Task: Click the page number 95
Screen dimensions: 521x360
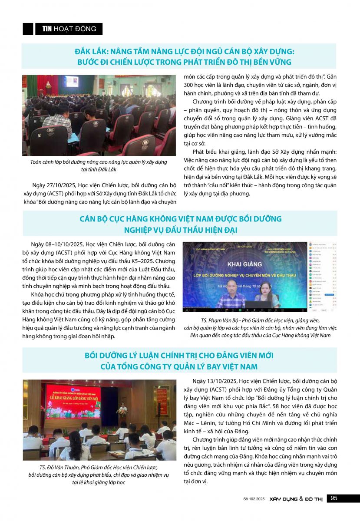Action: coord(334,498)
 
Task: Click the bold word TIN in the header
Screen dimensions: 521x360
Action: coord(47,29)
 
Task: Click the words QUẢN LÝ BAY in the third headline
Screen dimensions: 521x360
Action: coord(194,367)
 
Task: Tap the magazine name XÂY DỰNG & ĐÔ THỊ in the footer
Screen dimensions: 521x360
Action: coord(295,499)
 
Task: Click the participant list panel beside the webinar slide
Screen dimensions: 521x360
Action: coord(322,277)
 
